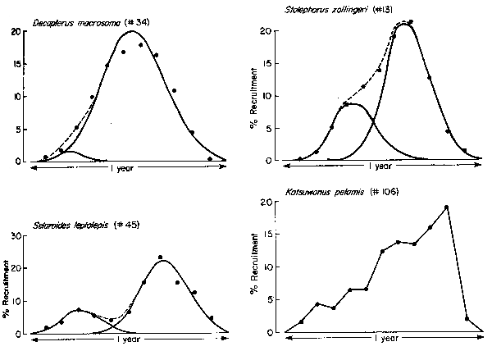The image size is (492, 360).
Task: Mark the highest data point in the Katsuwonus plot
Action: point(446,207)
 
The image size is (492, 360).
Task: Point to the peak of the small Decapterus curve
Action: point(71,152)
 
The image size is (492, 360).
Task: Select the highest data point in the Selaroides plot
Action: point(160,257)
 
